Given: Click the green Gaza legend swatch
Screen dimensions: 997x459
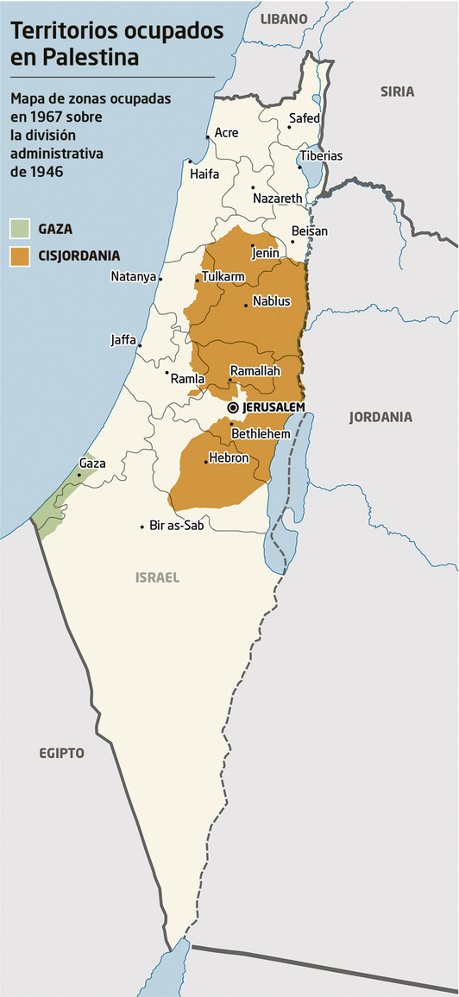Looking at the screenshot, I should tap(20, 229).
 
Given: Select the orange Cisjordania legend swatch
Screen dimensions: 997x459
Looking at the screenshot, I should tap(20, 256).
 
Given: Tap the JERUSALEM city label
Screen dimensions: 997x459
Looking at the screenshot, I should tap(273, 407).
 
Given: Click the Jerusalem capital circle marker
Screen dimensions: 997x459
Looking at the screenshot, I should tap(233, 407).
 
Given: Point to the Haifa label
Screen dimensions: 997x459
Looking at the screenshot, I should tap(204, 174).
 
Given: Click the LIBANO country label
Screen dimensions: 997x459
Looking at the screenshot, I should tap(284, 18).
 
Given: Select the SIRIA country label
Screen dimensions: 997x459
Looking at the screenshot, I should tap(397, 91).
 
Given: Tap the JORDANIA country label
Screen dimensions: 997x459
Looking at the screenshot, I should tap(380, 417).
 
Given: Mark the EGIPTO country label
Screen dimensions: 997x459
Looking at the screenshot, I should tap(61, 753).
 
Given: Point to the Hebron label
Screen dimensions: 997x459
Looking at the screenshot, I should tap(229, 457).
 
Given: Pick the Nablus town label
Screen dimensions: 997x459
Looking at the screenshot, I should tap(272, 301).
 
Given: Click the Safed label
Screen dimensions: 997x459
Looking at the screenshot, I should tap(305, 117).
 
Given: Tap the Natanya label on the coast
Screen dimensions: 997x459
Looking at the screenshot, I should tap(133, 277).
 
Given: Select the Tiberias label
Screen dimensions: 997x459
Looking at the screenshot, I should tap(320, 156).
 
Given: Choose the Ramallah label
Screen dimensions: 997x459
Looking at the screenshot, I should tap(255, 369).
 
